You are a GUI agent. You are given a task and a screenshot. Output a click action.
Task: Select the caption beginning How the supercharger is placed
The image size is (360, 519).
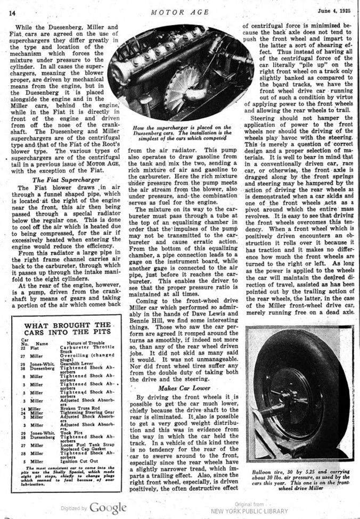[x=181, y=133]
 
